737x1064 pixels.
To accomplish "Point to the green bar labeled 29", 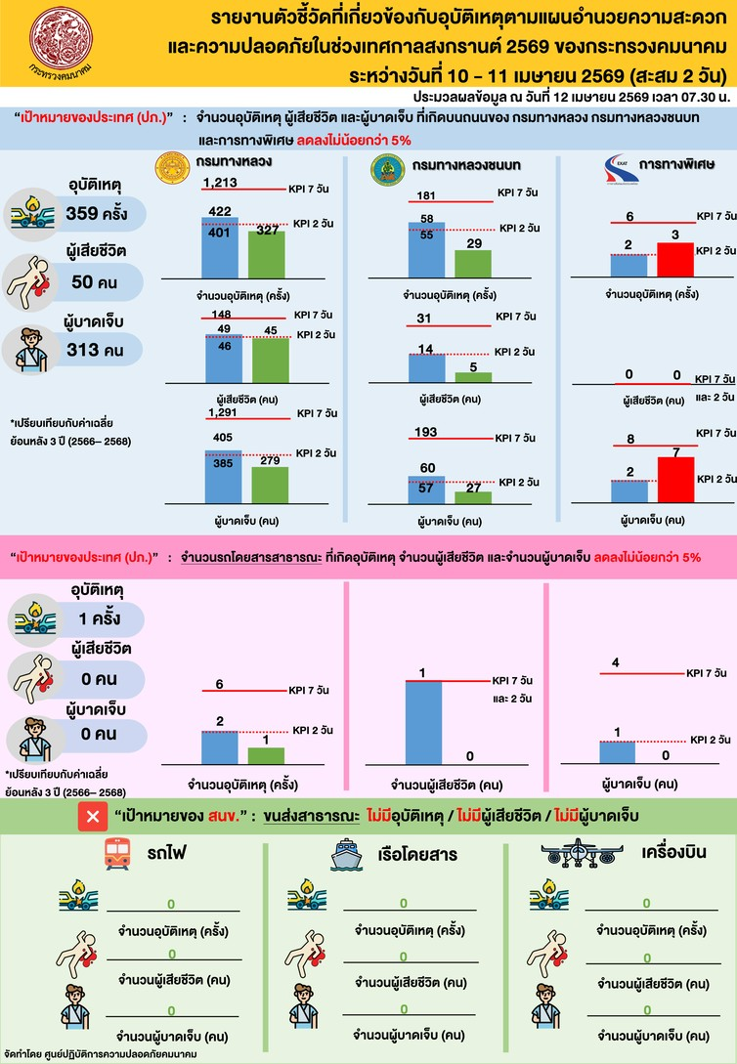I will pyautogui.click(x=473, y=264).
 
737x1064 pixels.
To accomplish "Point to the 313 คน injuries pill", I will pyautogui.click(x=96, y=349).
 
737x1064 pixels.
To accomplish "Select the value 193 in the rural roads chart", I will pyautogui.click(x=427, y=432).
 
